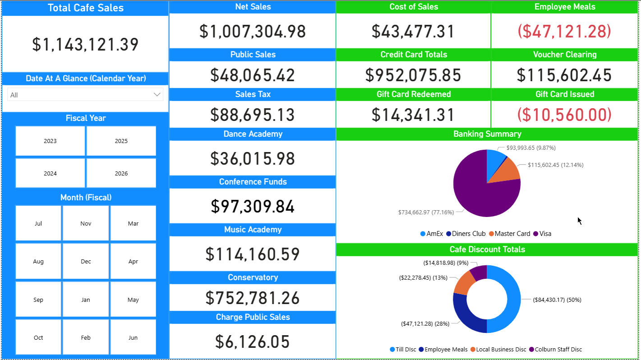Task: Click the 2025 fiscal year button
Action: (x=121, y=141)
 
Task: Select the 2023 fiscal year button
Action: (x=50, y=141)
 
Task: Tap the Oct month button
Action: (x=38, y=337)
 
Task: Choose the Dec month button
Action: (x=86, y=262)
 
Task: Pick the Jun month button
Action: (x=133, y=337)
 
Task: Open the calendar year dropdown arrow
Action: (x=157, y=95)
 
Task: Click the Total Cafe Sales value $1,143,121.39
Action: (x=85, y=44)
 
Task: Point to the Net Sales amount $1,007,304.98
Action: (x=253, y=31)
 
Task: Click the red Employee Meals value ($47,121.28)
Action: (x=564, y=31)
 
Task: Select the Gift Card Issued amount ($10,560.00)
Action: (x=564, y=115)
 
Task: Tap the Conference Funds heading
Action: (x=253, y=182)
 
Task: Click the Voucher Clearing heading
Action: (x=564, y=55)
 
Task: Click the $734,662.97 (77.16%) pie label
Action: (x=425, y=212)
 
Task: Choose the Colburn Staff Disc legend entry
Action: (x=555, y=349)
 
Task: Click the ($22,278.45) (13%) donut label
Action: (x=424, y=278)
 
